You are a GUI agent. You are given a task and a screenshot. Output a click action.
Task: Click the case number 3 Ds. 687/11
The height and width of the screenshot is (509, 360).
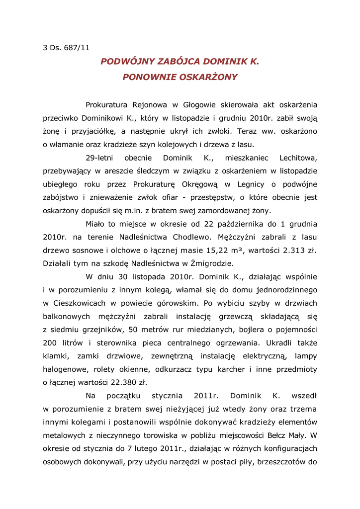66,48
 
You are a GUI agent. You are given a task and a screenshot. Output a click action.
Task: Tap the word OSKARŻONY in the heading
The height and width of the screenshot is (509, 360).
208,77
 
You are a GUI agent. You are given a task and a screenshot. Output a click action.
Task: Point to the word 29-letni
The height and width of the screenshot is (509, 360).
97,158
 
